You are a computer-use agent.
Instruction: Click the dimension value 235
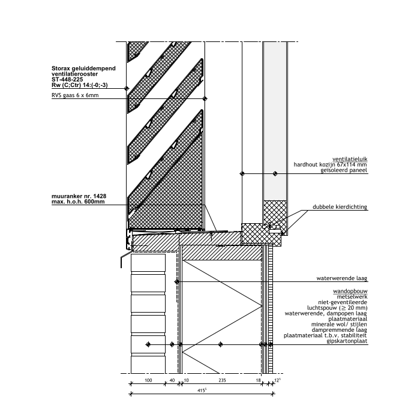coord(222,380)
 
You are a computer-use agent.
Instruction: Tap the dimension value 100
coord(148,380)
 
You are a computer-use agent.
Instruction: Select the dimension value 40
coord(172,380)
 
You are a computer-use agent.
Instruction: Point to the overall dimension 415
coord(202,390)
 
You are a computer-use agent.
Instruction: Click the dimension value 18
coord(258,380)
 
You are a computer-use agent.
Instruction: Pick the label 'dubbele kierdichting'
coord(340,207)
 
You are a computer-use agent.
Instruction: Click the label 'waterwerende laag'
coord(342,278)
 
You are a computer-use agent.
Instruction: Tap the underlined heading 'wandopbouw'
coord(350,291)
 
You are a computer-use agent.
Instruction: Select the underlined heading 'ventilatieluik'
coord(350,159)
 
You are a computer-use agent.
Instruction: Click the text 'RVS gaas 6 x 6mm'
coord(75,95)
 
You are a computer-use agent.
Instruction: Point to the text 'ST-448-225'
coord(67,80)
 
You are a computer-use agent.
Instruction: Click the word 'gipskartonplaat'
coord(347,341)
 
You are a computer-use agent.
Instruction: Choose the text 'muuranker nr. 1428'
coord(79,196)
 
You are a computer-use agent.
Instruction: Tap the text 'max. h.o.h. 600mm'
coord(78,202)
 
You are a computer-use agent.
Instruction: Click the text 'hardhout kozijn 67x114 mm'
coord(330,164)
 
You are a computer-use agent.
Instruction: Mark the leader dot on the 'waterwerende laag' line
coord(177,282)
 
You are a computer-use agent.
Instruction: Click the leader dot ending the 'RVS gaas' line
coord(205,99)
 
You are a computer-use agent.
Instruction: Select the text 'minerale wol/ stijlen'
coord(339,325)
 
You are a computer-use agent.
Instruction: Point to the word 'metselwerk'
coord(352,297)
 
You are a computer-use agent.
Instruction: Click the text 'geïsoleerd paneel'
coord(344,170)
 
